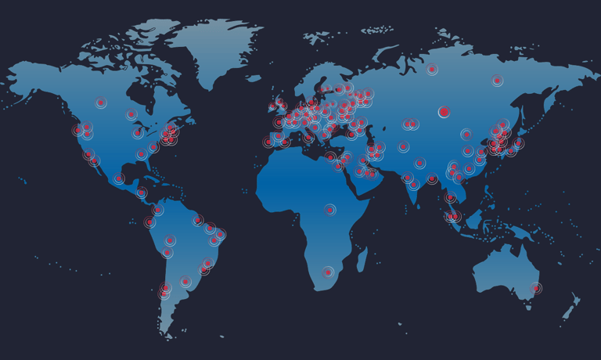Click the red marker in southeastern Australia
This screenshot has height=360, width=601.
535,288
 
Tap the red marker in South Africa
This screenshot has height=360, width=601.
329,272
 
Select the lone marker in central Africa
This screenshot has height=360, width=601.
330,210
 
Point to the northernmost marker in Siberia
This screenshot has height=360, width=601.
432,70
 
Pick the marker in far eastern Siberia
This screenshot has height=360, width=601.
497,80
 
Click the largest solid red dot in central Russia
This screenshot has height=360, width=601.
444,112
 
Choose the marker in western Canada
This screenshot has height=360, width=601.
101,103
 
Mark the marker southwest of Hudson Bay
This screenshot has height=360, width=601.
131,114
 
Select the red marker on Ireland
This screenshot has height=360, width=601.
272,106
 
